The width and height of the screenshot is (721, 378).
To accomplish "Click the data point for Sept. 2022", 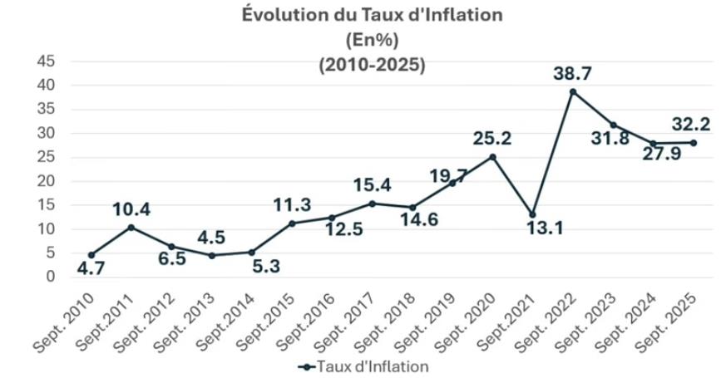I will pos(573,91).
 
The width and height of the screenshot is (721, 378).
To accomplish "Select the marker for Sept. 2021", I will pos(533,214).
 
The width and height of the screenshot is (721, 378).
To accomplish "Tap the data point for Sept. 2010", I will pos(91,254).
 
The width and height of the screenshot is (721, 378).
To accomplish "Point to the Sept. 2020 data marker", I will pos(492,156).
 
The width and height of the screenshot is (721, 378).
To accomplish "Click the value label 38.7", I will pos(573,74).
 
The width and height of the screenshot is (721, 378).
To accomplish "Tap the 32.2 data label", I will pos(692,125).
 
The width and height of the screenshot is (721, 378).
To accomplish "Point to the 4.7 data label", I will pos(92,268).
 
